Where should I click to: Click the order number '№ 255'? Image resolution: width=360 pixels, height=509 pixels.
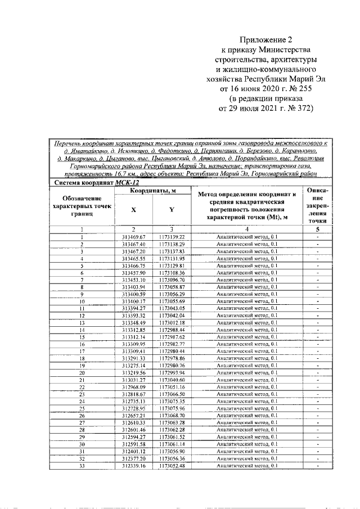pyautogui.click(x=296, y=88)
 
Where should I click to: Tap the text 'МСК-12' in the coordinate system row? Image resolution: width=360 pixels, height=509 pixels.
pyautogui.click(x=127, y=183)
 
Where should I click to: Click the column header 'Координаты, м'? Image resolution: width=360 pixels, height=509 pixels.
pyautogui.click(x=151, y=192)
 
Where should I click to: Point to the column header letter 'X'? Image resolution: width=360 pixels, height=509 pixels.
pyautogui.click(x=133, y=210)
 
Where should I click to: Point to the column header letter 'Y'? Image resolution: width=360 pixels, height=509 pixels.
pyautogui.click(x=171, y=210)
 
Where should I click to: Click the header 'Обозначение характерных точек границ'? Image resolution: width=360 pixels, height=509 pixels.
pyautogui.click(x=82, y=206)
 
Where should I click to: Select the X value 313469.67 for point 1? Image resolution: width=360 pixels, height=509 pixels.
pyautogui.click(x=134, y=237)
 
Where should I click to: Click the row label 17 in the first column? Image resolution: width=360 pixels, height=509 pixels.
pyautogui.click(x=82, y=351)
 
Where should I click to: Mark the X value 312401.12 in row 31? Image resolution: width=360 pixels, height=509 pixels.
pyautogui.click(x=134, y=452)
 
